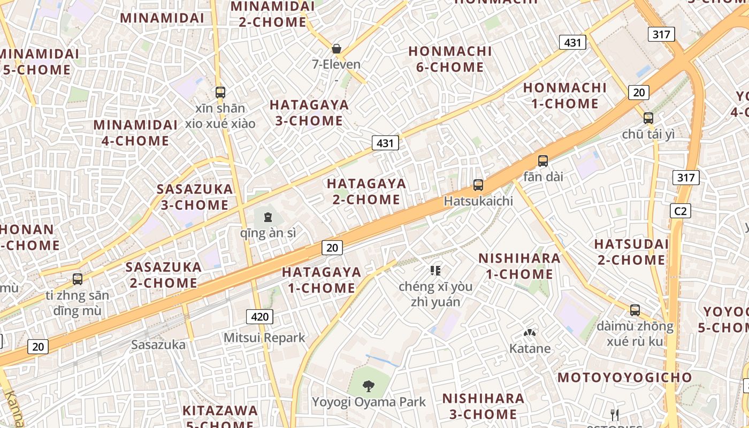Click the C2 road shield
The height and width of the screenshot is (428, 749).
coord(680,211)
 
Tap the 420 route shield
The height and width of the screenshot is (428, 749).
coord(259,317)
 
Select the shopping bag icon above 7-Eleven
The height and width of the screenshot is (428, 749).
coord(337,49)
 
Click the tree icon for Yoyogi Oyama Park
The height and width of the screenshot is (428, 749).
coord(368,385)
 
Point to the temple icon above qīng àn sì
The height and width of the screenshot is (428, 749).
coord(267,217)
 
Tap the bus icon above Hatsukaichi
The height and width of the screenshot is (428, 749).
coord(478,185)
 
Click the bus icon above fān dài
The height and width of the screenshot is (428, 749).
coord(543,160)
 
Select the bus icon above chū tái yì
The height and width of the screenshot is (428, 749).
coord(648,118)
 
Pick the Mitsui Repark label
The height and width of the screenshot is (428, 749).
coord(264,338)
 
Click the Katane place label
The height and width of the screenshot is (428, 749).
coord(530,348)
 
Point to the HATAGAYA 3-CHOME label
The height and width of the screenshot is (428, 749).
coord(309,112)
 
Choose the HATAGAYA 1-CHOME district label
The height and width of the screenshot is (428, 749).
coord(322,280)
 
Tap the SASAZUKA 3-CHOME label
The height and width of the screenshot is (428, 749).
coord(195,197)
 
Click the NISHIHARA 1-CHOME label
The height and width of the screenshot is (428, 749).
coord(519,266)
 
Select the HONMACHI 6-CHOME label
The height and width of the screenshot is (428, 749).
coord(450,59)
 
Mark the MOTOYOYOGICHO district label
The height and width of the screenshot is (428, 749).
coord(625,377)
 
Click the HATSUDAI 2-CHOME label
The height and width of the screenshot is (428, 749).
coord(631,252)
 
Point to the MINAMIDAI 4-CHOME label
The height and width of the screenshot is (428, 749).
coord(135,133)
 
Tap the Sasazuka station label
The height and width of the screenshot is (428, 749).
coord(158,345)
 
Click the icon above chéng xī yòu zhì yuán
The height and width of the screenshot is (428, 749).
coord(435,271)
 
